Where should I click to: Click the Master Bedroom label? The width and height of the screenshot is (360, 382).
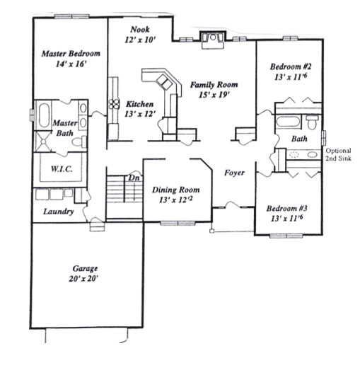coord(70,59)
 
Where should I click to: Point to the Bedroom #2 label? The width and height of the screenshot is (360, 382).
coord(288,73)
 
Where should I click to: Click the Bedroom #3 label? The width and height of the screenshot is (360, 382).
coord(286,213)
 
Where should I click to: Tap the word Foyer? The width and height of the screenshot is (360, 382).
coord(234,173)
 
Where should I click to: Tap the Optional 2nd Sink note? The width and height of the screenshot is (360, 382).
coord(339,156)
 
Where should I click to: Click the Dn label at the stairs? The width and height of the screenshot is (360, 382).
coord(133,178)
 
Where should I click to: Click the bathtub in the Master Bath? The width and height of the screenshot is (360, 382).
coord(42,115)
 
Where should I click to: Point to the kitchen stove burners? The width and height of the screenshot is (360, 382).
coord(114,104)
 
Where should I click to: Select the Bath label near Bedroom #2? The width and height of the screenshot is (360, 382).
coord(299,139)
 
